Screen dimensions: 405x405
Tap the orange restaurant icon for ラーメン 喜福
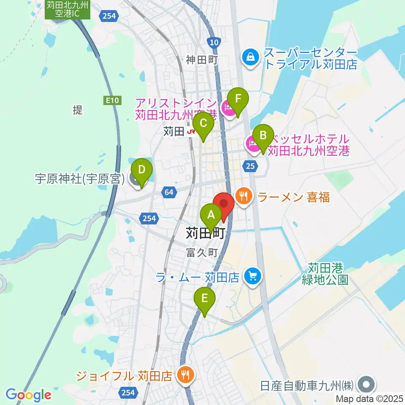coord(243,196)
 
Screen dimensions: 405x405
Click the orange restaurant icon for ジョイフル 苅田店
coord(185,374)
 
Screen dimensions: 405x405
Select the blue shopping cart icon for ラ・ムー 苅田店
coord(253,277)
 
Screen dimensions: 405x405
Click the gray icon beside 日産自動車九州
coord(366,385)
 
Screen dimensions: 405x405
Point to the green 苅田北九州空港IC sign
coord(67,9)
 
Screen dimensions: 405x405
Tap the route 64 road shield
coord(169,192)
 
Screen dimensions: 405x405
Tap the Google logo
coord(29,395)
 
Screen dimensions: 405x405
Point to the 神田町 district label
coord(202,60)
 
